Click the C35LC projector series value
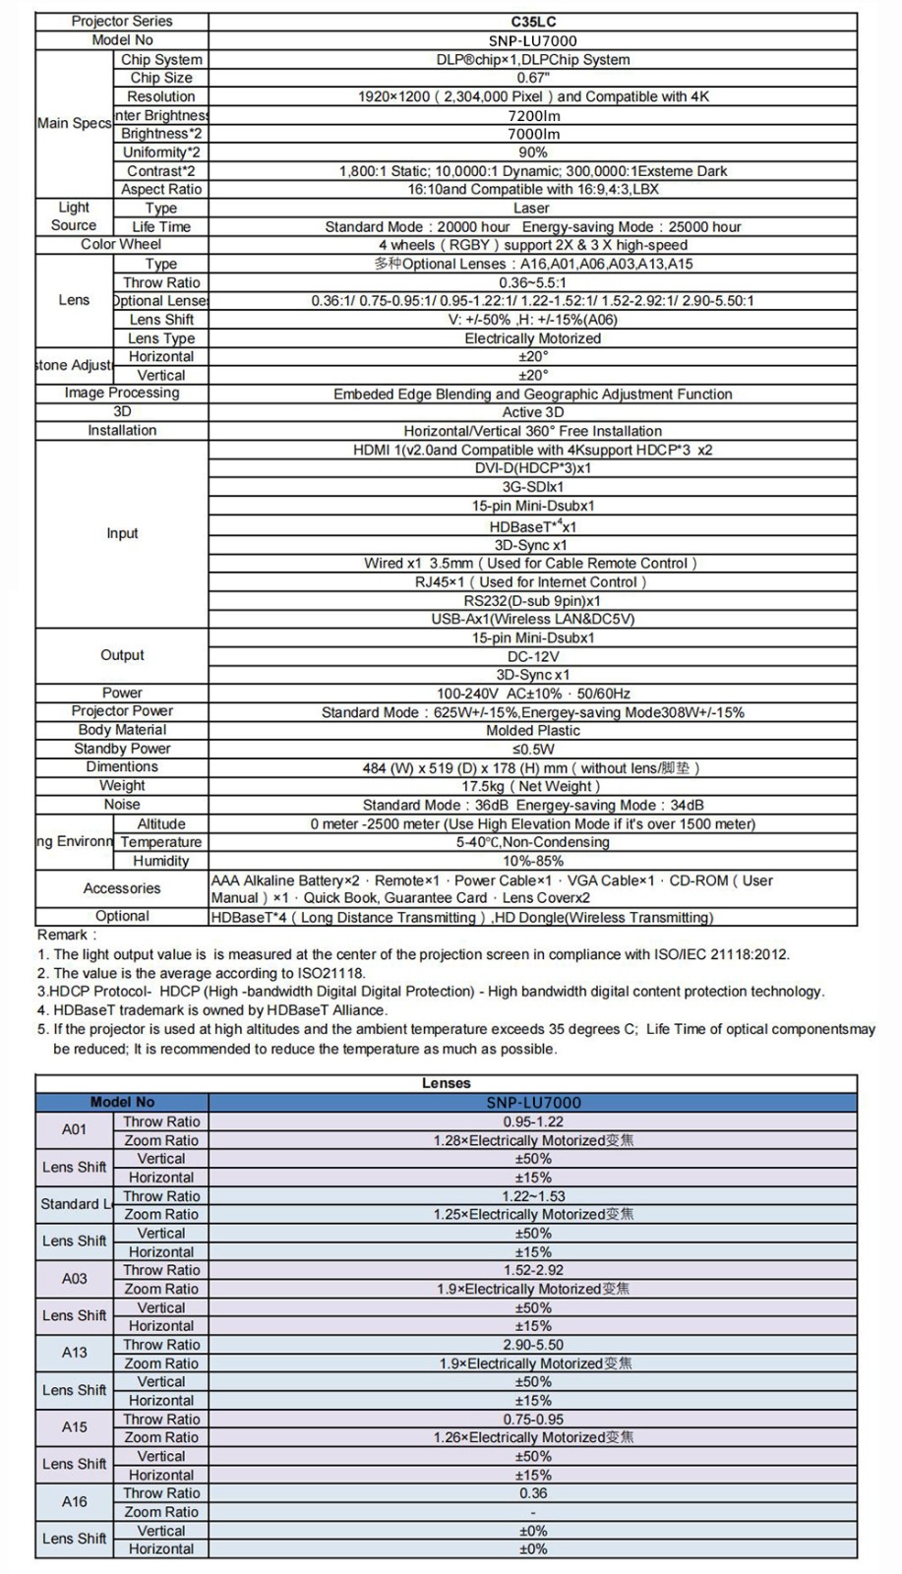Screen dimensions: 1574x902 [533, 22]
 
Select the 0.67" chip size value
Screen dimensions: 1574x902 [533, 78]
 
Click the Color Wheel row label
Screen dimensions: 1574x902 [121, 244]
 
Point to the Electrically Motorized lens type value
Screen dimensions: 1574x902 [532, 338]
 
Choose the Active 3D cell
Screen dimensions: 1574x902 [533, 412]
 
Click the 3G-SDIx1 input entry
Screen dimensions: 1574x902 [533, 487]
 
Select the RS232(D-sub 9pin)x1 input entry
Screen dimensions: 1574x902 [532, 601]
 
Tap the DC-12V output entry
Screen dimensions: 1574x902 [533, 656]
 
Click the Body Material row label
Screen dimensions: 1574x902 [122, 730]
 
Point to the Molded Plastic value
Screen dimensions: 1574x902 [533, 731]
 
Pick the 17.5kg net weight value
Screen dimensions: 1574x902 [532, 786]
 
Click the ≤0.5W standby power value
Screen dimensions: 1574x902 [533, 749]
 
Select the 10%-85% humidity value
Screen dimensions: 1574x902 [533, 861]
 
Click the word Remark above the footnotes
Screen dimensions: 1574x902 [65, 935]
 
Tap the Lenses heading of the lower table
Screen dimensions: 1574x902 [446, 1083]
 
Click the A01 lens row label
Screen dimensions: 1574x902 [74, 1129]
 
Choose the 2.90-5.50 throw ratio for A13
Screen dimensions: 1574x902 [533, 1345]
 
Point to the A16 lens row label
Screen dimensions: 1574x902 [74, 1501]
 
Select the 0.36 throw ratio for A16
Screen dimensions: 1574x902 [533, 1493]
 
